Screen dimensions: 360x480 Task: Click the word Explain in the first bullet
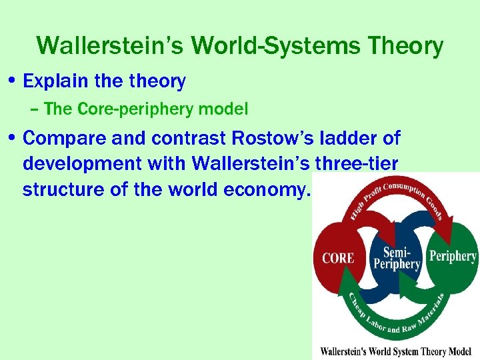(x=51, y=81)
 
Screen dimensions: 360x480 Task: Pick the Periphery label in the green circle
(x=453, y=256)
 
